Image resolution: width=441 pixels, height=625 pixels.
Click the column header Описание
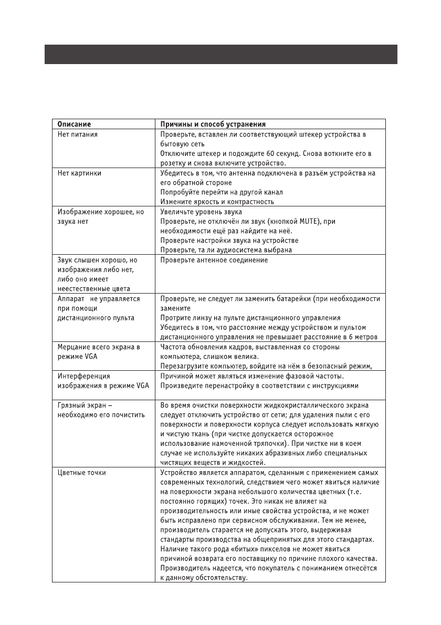73,124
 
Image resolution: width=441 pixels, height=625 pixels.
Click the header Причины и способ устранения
213,124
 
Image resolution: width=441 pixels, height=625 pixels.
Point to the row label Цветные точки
81,472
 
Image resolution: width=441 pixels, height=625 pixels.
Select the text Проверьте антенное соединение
214,260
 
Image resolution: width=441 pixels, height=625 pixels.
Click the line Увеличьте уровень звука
201,212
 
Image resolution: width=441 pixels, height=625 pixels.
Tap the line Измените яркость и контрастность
217,202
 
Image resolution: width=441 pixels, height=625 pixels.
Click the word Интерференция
83,376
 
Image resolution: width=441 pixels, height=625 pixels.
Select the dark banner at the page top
220,55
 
